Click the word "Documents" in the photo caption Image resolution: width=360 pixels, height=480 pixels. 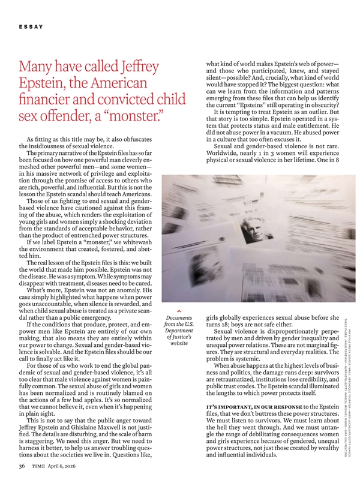178,319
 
